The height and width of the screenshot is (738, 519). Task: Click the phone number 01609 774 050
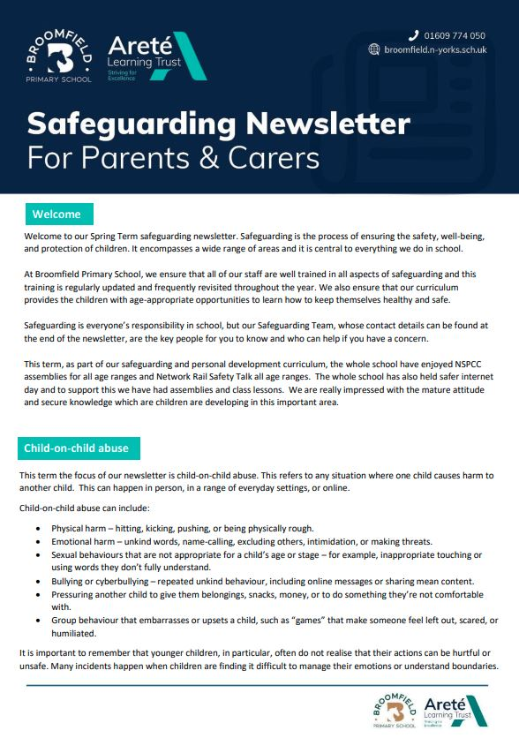[x=454, y=35]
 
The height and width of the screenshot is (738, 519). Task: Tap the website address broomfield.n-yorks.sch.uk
[x=435, y=49]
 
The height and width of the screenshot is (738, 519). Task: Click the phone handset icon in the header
[x=412, y=35]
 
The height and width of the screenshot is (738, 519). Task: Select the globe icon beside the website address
[x=374, y=49]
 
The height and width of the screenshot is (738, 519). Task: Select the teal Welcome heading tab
[x=56, y=215]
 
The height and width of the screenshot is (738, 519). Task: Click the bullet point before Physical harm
[x=40, y=529]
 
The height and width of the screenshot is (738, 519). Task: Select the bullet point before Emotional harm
[x=40, y=542]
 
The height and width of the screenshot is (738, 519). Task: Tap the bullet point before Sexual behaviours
[x=40, y=555]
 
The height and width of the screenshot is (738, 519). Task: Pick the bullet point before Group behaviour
[x=40, y=621]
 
